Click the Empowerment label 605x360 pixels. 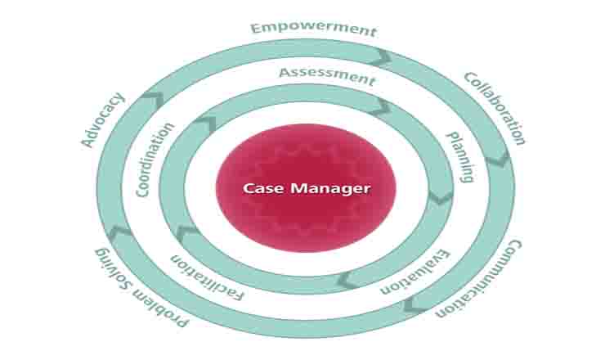(x=313, y=29)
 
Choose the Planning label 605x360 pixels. (x=460, y=155)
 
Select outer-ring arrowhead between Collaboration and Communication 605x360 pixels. (x=497, y=160)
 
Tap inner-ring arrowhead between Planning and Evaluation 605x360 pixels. (x=441, y=197)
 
